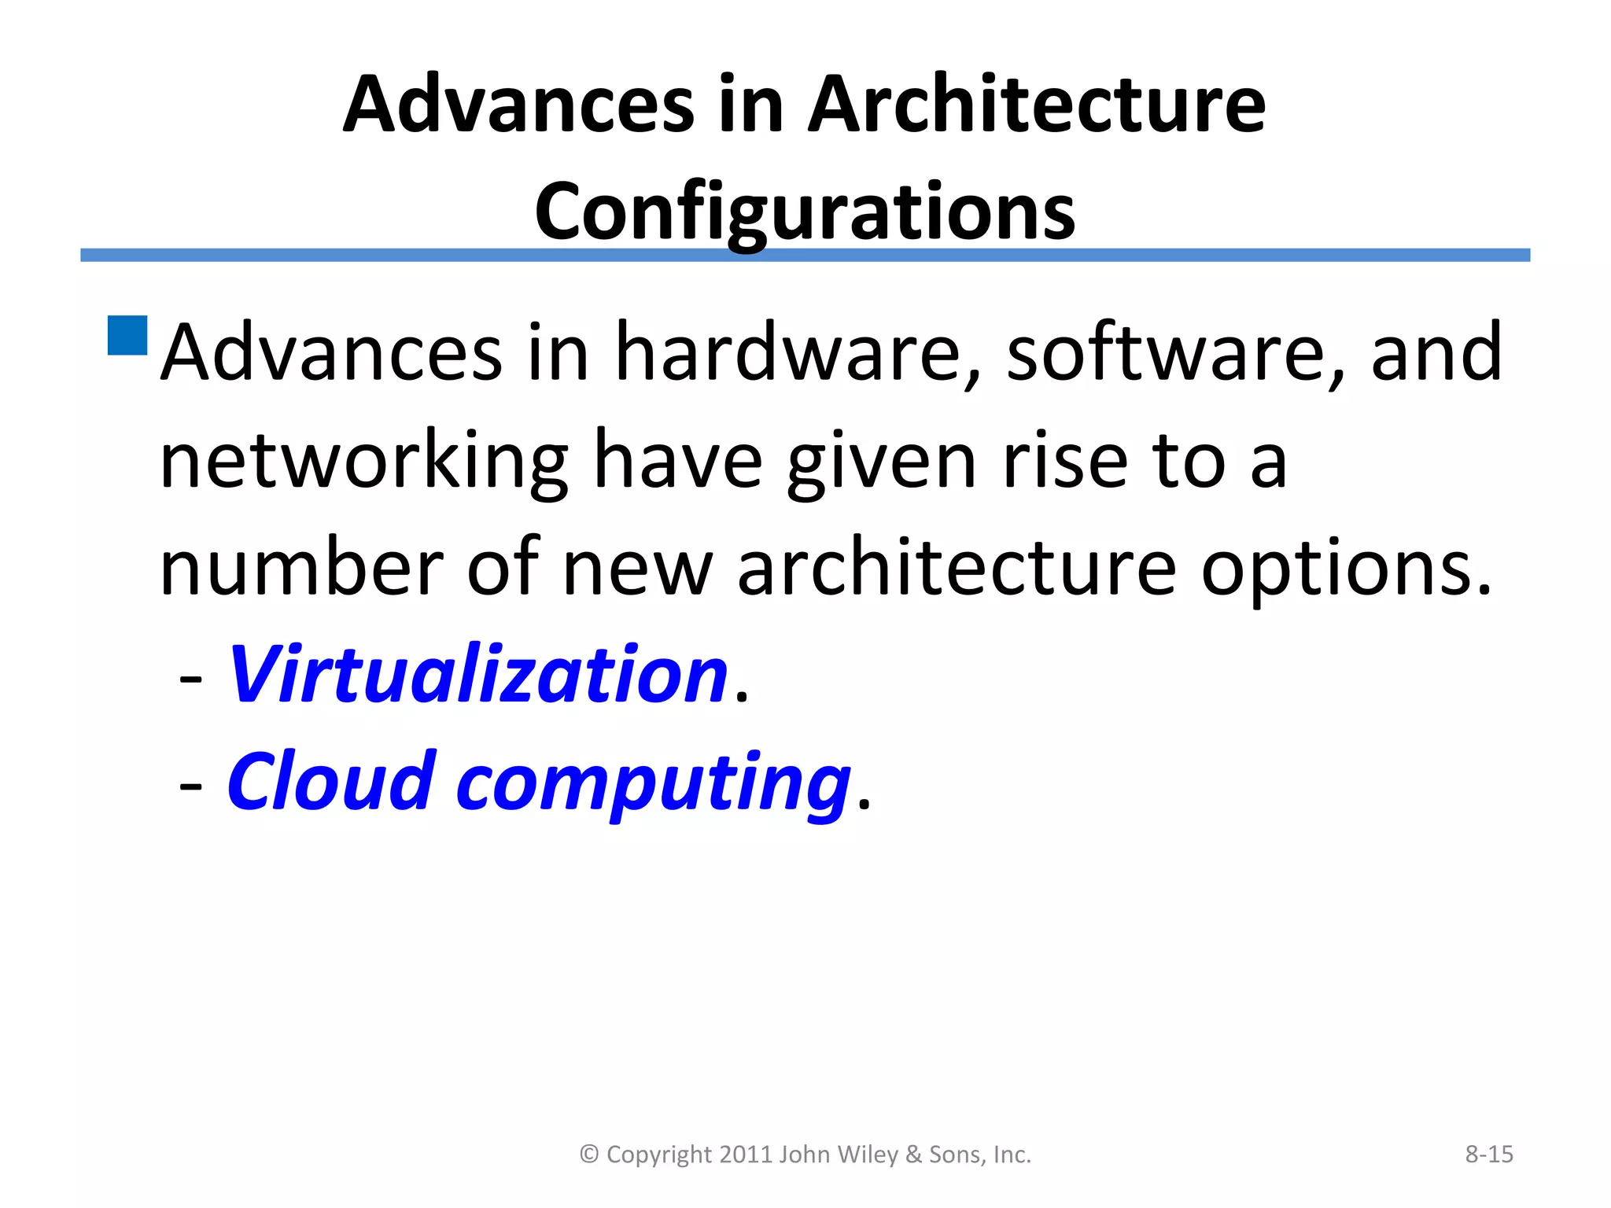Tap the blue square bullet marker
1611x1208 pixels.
tap(127, 336)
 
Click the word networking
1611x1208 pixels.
tap(363, 460)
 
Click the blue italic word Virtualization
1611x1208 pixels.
tap(477, 674)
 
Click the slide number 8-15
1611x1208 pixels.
tap(1488, 1155)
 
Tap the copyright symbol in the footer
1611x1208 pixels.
tap(589, 1155)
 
